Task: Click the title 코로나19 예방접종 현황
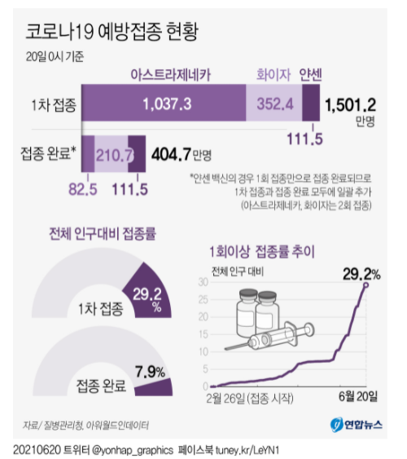coord(112,32)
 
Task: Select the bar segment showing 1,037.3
coord(164,103)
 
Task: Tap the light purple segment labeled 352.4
coord(274,103)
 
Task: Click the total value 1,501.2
coord(350,105)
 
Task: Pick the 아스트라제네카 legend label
coord(171,75)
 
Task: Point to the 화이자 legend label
coord(274,75)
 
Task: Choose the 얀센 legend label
coord(311,75)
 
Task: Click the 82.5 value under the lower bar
coord(83,189)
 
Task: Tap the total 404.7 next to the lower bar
coord(171,154)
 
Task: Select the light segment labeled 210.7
coord(112,154)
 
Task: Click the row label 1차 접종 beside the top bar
coord(54,105)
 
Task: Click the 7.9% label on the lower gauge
coord(150,372)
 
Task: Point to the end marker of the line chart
coord(365,285)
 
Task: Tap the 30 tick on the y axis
coord(203,282)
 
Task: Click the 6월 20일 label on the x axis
coord(358,396)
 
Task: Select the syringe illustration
coord(269,336)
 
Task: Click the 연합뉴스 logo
coord(357,425)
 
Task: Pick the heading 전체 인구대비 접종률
coord(103,234)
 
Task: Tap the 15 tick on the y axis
coord(203,334)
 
